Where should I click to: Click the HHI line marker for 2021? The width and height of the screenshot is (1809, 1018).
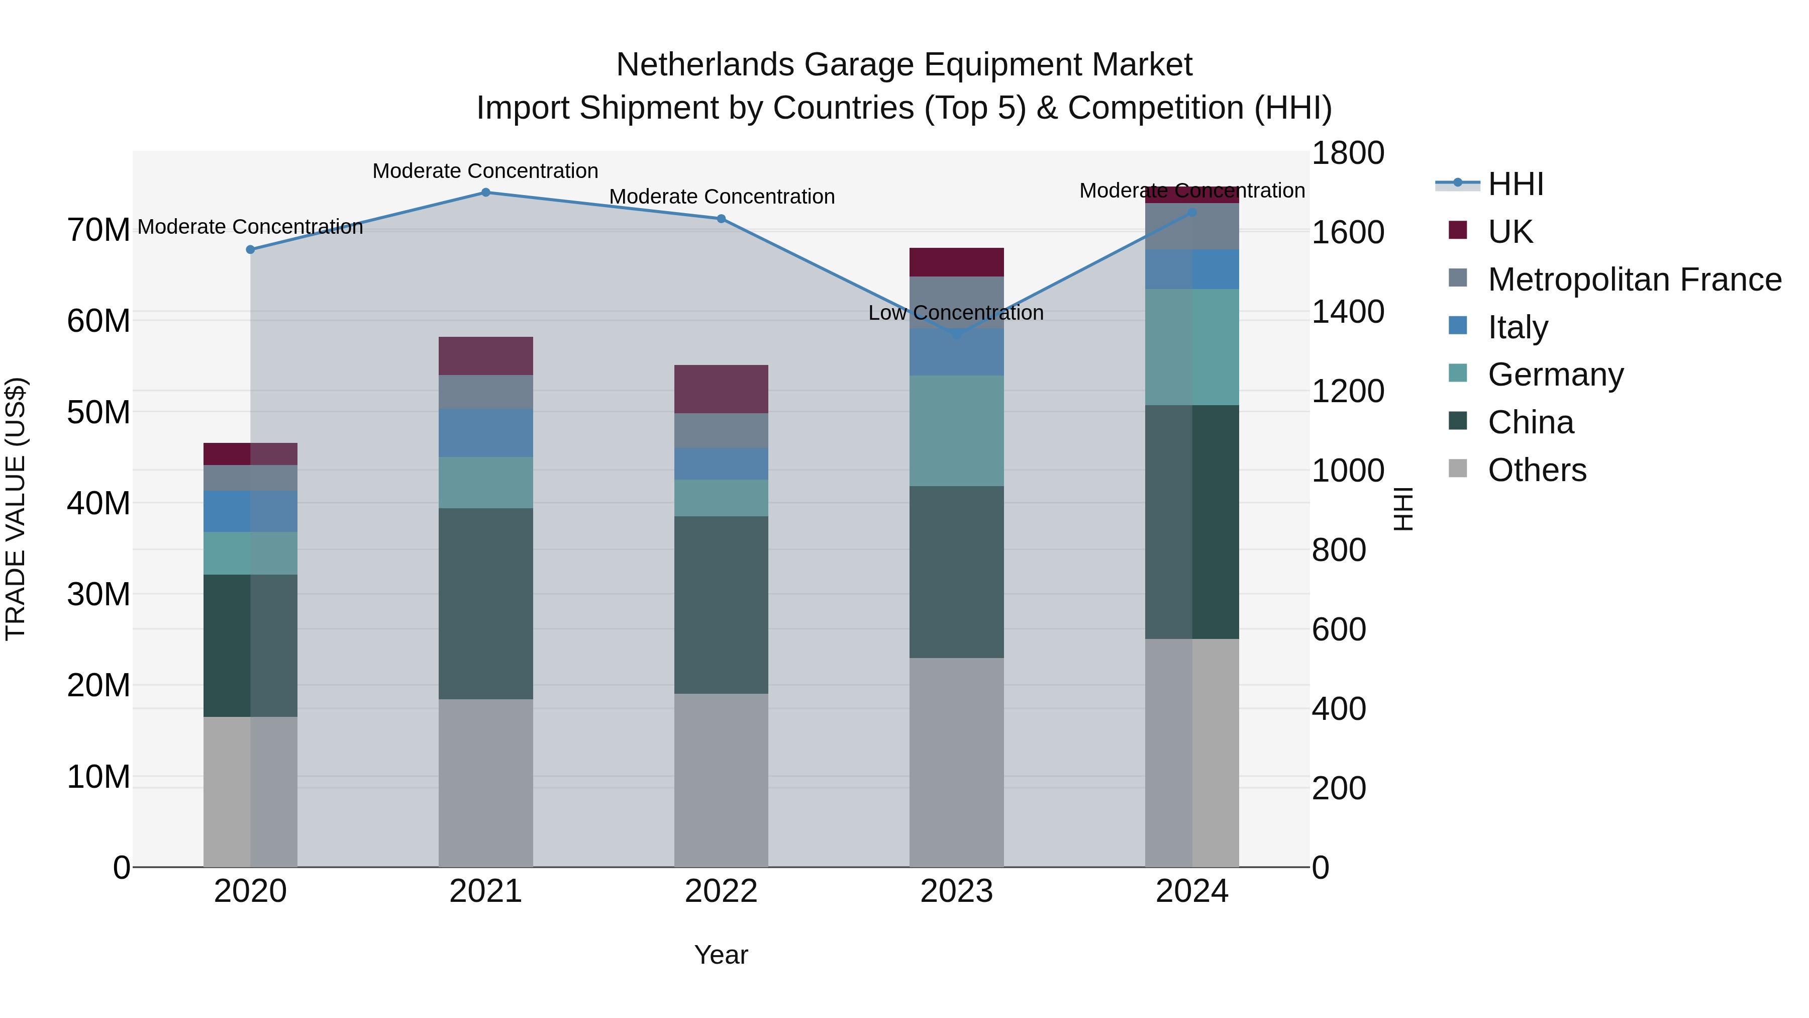[x=485, y=193]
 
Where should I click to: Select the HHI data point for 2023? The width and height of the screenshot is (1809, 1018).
[x=956, y=335]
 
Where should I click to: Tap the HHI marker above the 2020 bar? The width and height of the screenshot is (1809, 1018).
[x=250, y=249]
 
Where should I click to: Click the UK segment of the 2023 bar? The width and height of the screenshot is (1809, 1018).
[x=956, y=262]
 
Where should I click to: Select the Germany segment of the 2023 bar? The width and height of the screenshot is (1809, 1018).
[x=956, y=431]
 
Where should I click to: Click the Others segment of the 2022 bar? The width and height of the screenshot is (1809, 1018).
[x=721, y=780]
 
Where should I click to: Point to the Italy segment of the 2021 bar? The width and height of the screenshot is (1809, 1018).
[x=485, y=433]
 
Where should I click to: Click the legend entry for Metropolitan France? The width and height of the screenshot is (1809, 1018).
[x=1634, y=280]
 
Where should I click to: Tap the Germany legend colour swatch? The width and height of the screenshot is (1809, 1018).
[x=1458, y=373]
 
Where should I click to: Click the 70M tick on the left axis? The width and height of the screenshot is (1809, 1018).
[x=98, y=230]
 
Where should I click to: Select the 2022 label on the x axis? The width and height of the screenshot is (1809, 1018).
[x=721, y=891]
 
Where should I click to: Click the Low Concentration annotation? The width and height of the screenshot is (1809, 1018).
[x=956, y=313]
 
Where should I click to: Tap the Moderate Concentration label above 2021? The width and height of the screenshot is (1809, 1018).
[x=485, y=171]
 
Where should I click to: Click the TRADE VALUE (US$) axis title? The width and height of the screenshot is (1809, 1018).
[x=16, y=509]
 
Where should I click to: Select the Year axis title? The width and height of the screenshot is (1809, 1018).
[x=721, y=955]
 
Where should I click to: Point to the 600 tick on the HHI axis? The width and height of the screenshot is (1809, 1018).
[x=1339, y=629]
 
